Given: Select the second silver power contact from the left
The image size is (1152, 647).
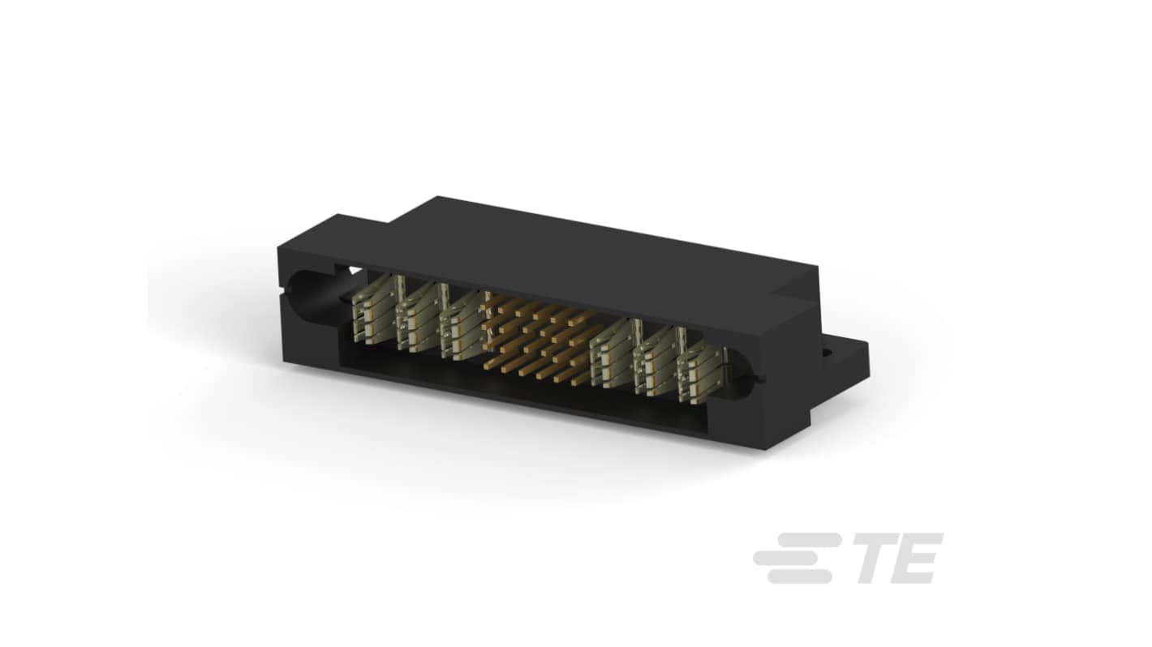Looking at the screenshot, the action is pos(419,319).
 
